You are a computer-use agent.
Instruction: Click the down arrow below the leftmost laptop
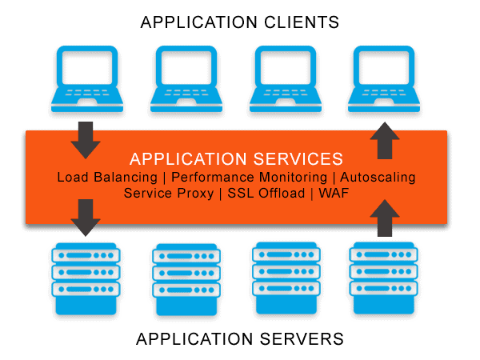86,140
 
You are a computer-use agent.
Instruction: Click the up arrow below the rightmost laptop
384,141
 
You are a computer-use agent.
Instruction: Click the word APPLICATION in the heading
185,158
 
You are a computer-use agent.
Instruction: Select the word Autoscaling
378,177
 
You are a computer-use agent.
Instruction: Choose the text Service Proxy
168,194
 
